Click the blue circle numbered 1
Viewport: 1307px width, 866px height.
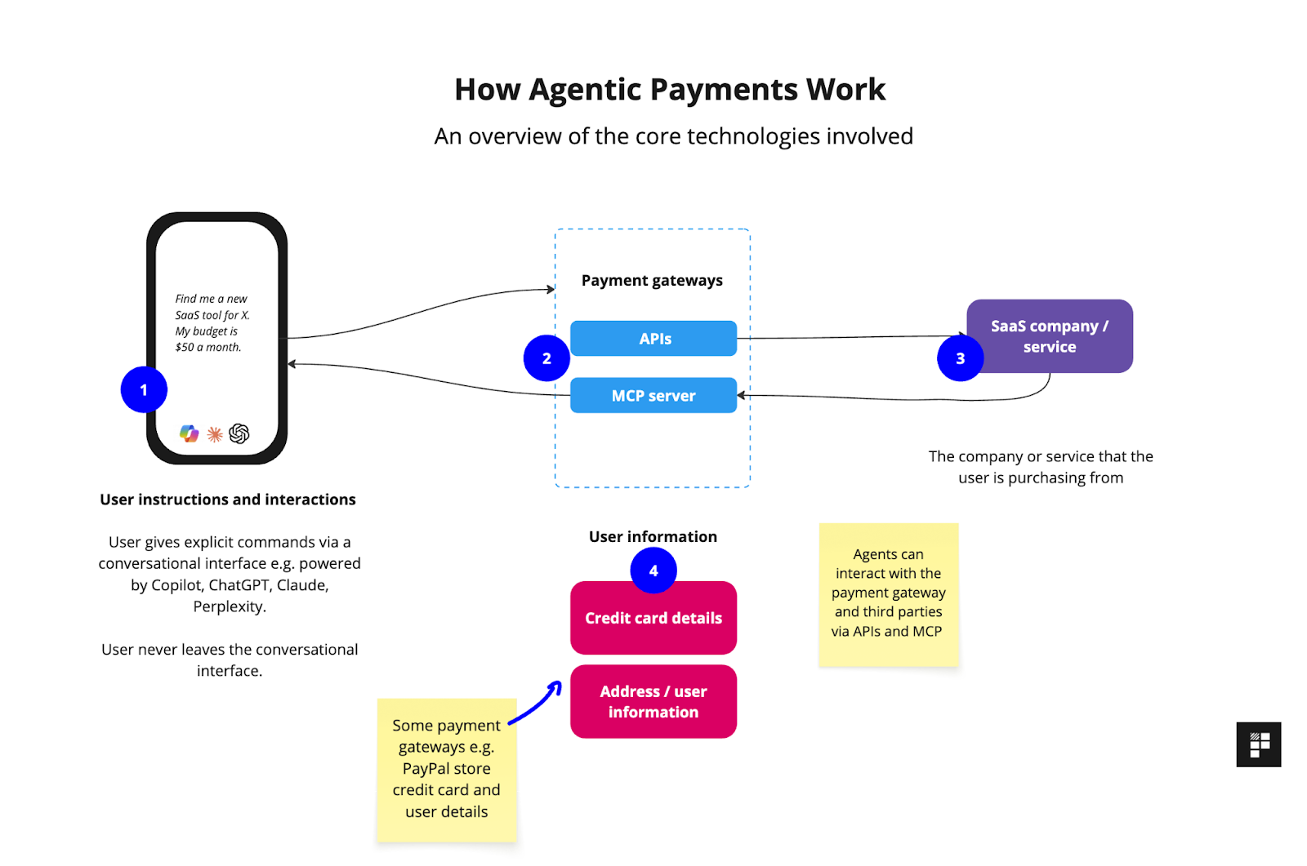pyautogui.click(x=144, y=389)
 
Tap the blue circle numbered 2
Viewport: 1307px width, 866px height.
pyautogui.click(x=546, y=358)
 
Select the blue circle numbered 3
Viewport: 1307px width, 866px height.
pyautogui.click(x=960, y=358)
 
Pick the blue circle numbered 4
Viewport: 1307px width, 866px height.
pyautogui.click(x=653, y=570)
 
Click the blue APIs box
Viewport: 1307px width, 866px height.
pyautogui.click(x=653, y=339)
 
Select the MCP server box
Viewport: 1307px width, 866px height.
pyautogui.click(x=653, y=396)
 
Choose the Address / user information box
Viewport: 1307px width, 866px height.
pyautogui.click(x=653, y=702)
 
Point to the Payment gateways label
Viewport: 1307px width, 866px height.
pyautogui.click(x=652, y=280)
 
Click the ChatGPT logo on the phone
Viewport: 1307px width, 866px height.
pyautogui.click(x=239, y=433)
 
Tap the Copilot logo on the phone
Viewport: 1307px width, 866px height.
pyautogui.click(x=190, y=433)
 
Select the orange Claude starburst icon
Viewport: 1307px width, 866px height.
pyautogui.click(x=215, y=434)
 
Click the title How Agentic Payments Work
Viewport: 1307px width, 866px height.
pyautogui.click(x=670, y=89)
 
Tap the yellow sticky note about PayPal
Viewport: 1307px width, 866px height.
pyautogui.click(x=446, y=769)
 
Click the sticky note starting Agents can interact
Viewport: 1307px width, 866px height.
pyautogui.click(x=888, y=593)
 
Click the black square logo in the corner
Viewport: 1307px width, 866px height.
pyautogui.click(x=1258, y=744)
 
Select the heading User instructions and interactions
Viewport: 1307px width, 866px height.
pyautogui.click(x=228, y=500)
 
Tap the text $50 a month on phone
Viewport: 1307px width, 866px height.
pyautogui.click(x=208, y=347)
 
